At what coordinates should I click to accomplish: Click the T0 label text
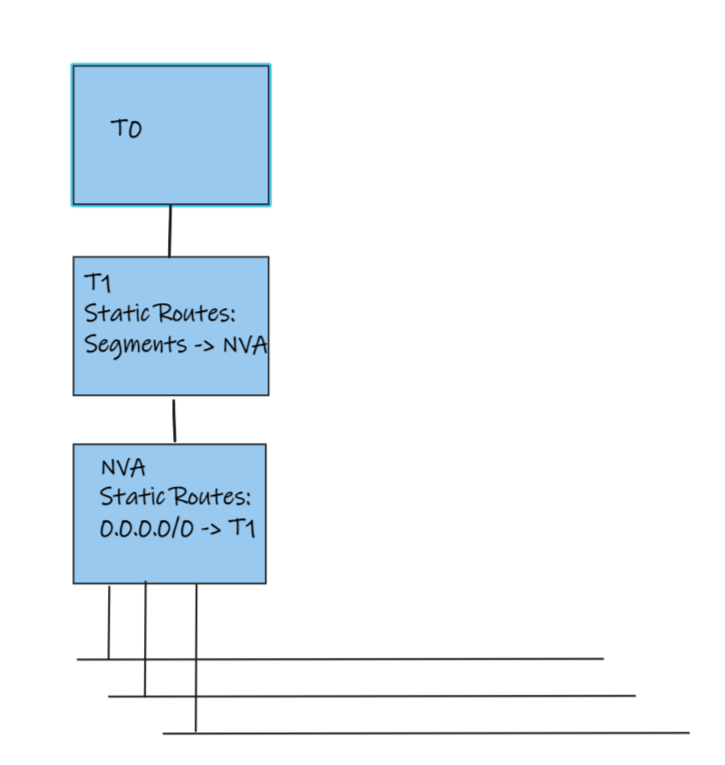pos(126,129)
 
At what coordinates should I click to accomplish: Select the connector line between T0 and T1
pos(170,230)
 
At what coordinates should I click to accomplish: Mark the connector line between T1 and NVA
pos(174,420)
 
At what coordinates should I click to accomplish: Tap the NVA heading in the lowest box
pos(123,468)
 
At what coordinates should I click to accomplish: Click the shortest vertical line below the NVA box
pos(109,622)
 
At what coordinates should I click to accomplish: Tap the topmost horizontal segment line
pos(343,659)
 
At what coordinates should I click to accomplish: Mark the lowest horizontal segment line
pos(428,733)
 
